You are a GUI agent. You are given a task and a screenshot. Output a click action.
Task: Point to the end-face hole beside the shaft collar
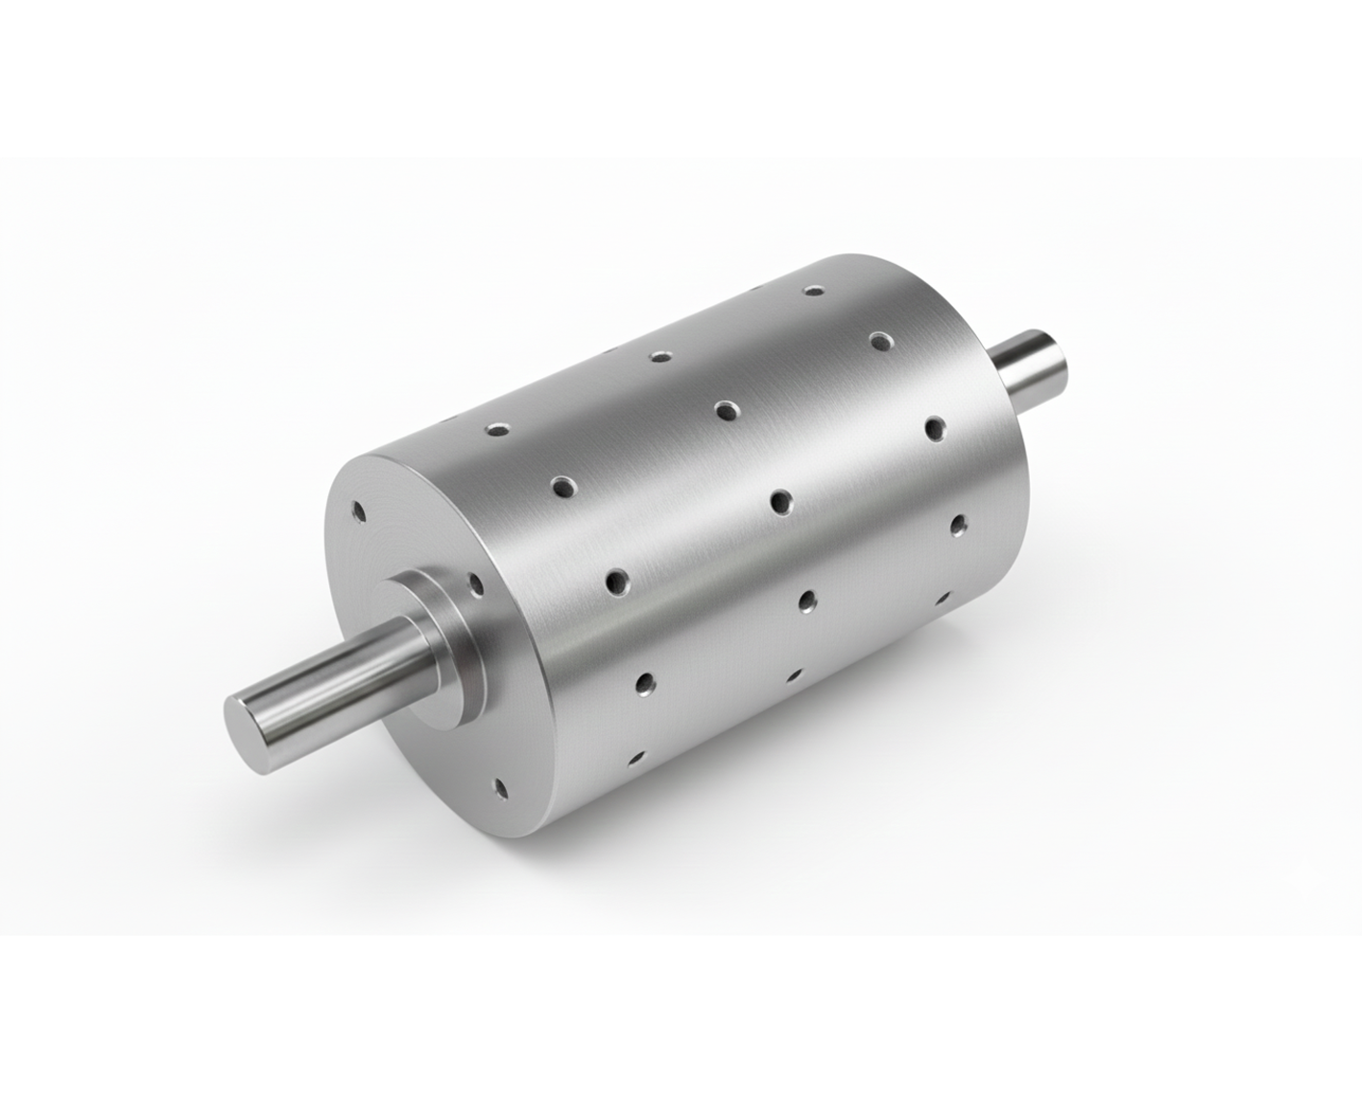[x=473, y=582]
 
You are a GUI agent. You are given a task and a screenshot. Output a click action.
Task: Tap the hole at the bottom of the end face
[x=499, y=789]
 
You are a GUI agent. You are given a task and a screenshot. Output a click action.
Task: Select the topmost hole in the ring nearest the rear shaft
[x=815, y=289]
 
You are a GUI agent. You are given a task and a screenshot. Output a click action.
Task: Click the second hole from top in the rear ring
[x=881, y=340]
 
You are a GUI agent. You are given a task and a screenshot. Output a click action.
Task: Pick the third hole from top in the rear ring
[x=933, y=427]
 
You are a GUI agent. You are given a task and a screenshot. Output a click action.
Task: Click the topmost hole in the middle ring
[x=659, y=356]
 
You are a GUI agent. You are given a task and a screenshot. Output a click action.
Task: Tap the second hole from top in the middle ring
[x=727, y=411]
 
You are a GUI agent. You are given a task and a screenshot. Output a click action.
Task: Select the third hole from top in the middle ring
[x=780, y=501]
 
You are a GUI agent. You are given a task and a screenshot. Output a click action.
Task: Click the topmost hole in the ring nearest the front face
[x=496, y=429]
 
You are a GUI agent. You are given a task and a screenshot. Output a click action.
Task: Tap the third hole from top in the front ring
[x=615, y=581]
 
